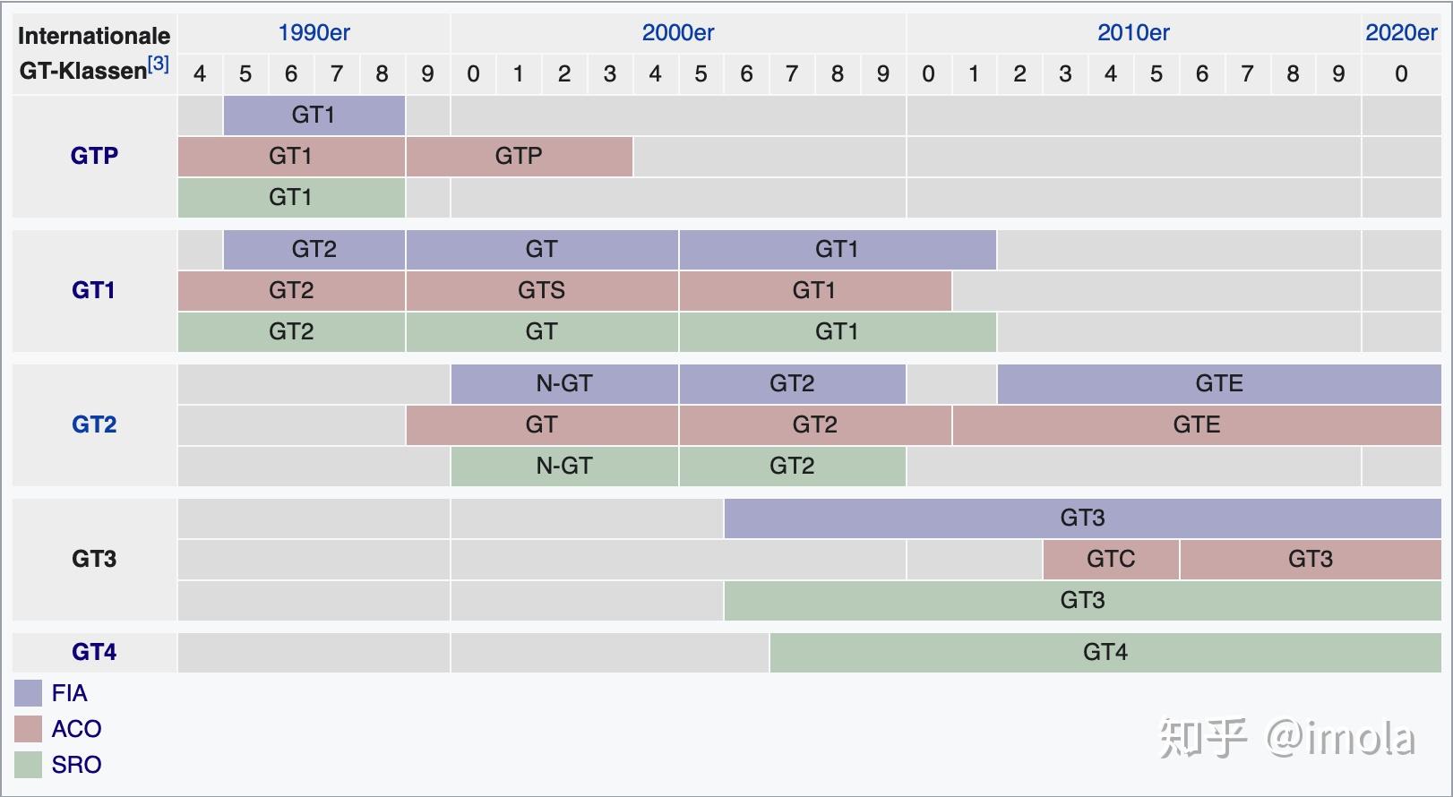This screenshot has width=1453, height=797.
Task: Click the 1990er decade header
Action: coord(314,33)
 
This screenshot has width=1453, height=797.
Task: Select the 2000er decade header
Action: coord(678,33)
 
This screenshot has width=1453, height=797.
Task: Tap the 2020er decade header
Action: coord(1401,33)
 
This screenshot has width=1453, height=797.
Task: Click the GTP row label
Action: coord(94,156)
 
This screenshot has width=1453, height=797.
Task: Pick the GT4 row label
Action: coord(94,652)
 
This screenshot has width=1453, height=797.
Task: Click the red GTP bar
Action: coord(520,157)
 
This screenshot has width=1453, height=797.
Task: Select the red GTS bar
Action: coord(542,291)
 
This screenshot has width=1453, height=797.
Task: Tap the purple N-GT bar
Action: coord(564,384)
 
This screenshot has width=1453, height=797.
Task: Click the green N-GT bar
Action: coord(564,467)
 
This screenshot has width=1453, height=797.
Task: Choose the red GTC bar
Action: coord(1111,560)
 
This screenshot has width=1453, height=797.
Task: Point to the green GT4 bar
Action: coord(1105,653)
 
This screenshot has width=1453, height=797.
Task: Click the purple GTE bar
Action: coord(1218,384)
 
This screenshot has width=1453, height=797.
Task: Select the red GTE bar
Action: coord(1196,425)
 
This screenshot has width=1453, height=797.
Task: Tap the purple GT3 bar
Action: coord(1082,518)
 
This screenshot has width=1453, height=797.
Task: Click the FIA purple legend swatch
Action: coord(29,693)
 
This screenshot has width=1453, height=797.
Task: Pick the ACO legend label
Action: coord(76,729)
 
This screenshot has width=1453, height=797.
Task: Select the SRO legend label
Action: coord(76,765)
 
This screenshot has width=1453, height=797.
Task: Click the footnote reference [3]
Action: coord(159,64)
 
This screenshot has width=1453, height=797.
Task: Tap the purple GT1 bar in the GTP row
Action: coord(314,116)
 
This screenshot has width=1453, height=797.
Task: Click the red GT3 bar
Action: coord(1310,560)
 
